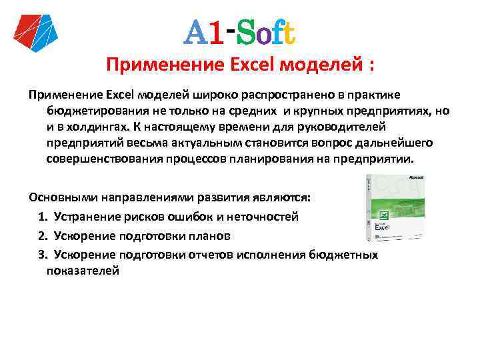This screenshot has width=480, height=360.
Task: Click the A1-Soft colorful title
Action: [x=240, y=31]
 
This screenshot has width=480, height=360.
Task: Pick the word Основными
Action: [x=63, y=199]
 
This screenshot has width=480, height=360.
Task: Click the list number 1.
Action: [x=42, y=217]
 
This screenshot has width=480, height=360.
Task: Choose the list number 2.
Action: [x=42, y=235]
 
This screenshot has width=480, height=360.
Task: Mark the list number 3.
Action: [x=42, y=254]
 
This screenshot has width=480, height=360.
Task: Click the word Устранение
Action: [x=87, y=217]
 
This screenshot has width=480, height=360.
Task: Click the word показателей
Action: [x=83, y=271]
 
